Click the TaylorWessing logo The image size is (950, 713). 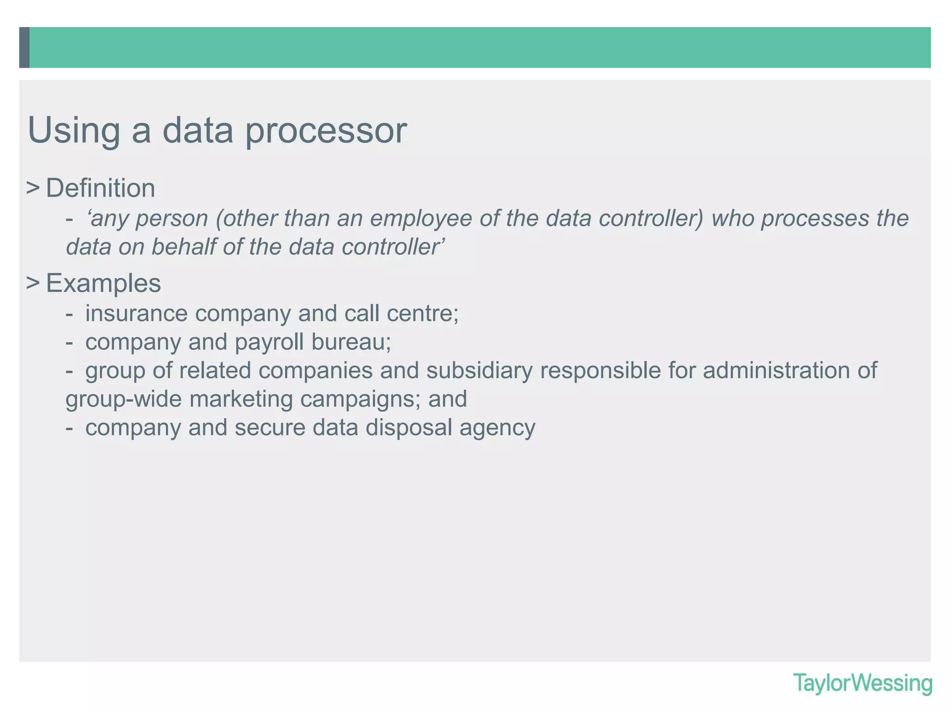[862, 683]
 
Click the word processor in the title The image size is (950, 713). [326, 131]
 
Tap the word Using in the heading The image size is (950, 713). [74, 131]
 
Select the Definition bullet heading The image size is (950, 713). [100, 188]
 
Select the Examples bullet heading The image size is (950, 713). [103, 283]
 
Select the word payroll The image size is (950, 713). [269, 342]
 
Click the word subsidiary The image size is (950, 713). [479, 371]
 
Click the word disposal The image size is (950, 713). [409, 428]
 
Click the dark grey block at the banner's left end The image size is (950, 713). [24, 47]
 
